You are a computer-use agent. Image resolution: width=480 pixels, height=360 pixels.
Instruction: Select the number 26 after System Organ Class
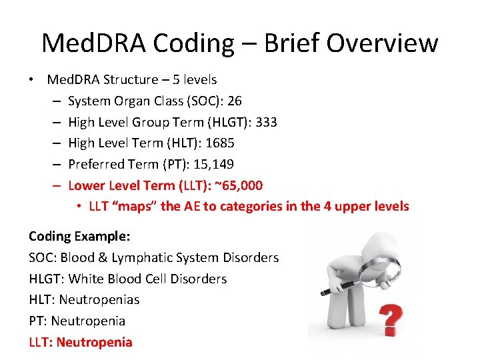[234, 101]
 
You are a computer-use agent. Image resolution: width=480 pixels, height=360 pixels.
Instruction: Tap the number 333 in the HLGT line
[266, 123]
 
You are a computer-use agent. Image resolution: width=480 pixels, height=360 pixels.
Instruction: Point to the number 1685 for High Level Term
[221, 143]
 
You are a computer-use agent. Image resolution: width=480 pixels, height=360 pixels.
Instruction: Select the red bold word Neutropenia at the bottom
[95, 343]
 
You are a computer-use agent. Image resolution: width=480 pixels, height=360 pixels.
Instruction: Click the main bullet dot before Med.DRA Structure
[31, 80]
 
